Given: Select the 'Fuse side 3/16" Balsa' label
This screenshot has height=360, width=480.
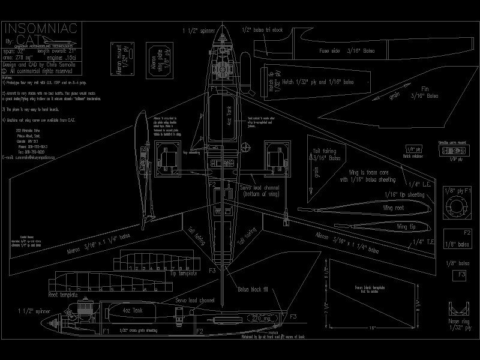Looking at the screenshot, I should pyautogui.click(x=346, y=52).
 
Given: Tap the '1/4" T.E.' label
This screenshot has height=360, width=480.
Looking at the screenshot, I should pyautogui.click(x=418, y=242).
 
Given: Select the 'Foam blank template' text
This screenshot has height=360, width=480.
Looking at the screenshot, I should pyautogui.click(x=370, y=289).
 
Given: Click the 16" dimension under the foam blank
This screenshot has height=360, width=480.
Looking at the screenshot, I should pyautogui.click(x=373, y=328).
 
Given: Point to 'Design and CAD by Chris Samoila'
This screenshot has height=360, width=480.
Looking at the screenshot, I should pyautogui.click(x=40, y=63).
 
